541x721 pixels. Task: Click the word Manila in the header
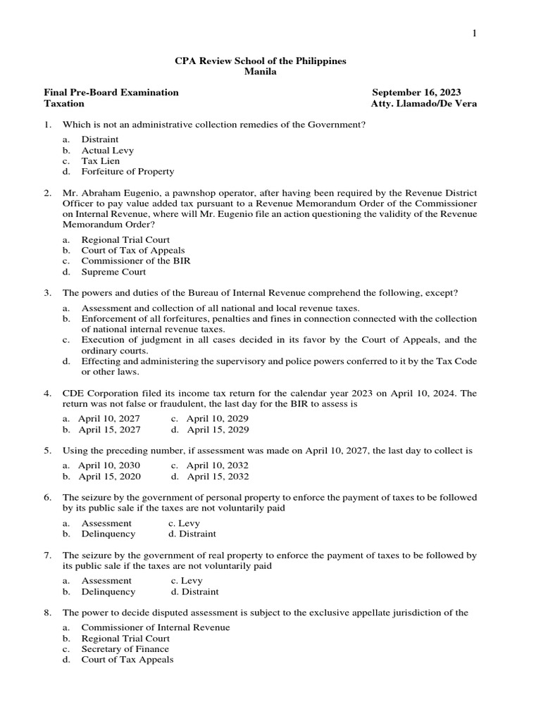pyautogui.click(x=260, y=72)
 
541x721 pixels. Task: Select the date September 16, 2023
pyautogui.click(x=416, y=92)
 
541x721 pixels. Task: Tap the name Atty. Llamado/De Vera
pyautogui.click(x=423, y=103)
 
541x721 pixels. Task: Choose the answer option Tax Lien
pyautogui.click(x=100, y=161)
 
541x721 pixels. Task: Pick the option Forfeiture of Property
pyautogui.click(x=128, y=171)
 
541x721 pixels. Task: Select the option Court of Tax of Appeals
pyautogui.click(x=133, y=250)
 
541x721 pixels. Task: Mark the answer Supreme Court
pyautogui.click(x=113, y=272)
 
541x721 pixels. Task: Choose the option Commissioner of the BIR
pyautogui.click(x=136, y=261)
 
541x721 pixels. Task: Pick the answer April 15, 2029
pyautogui.click(x=218, y=429)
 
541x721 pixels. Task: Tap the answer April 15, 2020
pyautogui.click(x=109, y=476)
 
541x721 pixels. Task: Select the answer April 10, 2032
pyautogui.click(x=218, y=465)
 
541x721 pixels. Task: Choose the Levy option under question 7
pyautogui.click(x=192, y=580)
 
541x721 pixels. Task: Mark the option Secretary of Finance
pyautogui.click(x=125, y=648)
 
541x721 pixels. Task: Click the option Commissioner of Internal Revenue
pyautogui.click(x=155, y=627)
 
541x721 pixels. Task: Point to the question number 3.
pyautogui.click(x=47, y=293)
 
